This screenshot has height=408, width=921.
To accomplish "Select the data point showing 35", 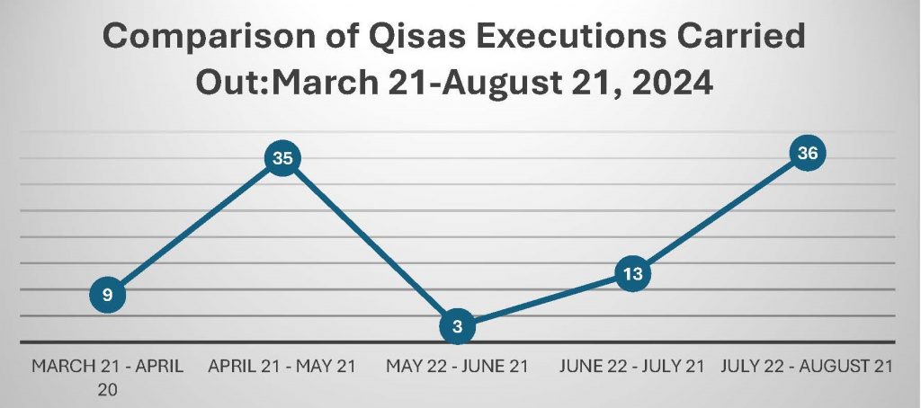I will pyautogui.click(x=282, y=159).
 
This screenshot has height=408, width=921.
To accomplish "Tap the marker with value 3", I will pyautogui.click(x=457, y=326).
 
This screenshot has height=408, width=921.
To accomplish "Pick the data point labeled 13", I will pyautogui.click(x=632, y=274).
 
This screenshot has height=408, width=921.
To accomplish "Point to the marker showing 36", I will pyautogui.click(x=807, y=154).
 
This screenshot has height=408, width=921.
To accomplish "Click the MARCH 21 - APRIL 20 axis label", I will pyautogui.click(x=107, y=375).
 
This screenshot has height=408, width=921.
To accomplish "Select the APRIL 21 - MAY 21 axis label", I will pyautogui.click(x=282, y=366).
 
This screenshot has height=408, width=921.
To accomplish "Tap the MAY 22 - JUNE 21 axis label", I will pyautogui.click(x=457, y=366).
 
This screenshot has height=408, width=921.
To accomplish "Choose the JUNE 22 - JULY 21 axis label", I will pyautogui.click(x=632, y=366).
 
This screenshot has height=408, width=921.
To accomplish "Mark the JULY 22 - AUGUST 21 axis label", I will pyautogui.click(x=807, y=366).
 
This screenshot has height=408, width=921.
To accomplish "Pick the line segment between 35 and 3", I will pyautogui.click(x=370, y=243).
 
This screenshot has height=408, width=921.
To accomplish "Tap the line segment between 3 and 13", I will pyautogui.click(x=544, y=300).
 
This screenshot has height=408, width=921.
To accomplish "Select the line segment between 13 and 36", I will pyautogui.click(x=720, y=214).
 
